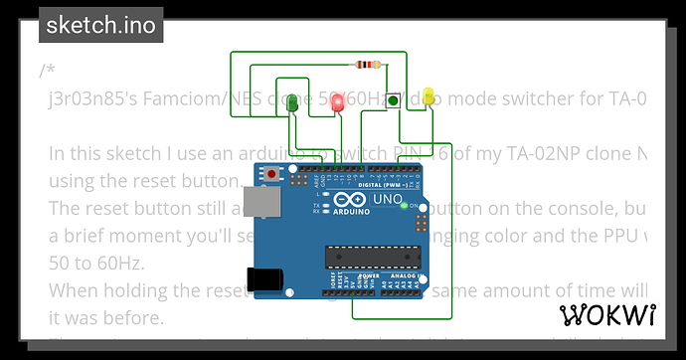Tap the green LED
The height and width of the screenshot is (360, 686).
tap(292, 102)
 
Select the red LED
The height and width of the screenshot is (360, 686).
tap(337, 102)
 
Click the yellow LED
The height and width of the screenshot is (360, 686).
tap(429, 96)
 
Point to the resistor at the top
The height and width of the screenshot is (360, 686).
tap(369, 66)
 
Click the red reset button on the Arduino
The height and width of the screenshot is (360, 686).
tap(272, 175)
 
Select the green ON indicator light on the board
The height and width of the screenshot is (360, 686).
tap(403, 205)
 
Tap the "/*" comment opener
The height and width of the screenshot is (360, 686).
tap(47, 71)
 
